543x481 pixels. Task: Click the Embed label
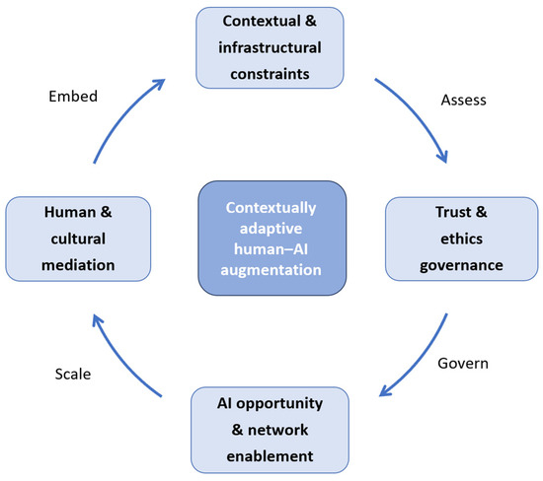(x=73, y=97)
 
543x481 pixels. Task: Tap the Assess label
(x=463, y=100)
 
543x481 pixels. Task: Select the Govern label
(x=463, y=364)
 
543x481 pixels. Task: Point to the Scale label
(x=73, y=374)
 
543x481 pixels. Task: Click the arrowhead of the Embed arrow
(x=160, y=84)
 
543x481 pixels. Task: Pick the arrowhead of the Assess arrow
(x=443, y=158)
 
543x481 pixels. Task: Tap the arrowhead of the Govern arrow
(x=384, y=391)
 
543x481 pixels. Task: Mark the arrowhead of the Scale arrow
(x=97, y=320)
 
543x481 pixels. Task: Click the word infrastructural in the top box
(x=270, y=47)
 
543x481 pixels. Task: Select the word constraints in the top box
(x=270, y=74)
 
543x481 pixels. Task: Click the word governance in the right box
(x=461, y=265)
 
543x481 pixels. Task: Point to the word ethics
(x=461, y=239)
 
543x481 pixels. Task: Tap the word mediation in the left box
(x=78, y=265)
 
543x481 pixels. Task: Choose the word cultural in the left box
(x=78, y=239)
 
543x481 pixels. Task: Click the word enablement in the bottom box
(x=270, y=456)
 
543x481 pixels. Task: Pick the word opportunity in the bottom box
(x=279, y=404)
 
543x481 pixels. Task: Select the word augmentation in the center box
(x=271, y=270)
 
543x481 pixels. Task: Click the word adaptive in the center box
(x=271, y=229)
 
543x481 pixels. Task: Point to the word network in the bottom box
(x=277, y=430)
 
